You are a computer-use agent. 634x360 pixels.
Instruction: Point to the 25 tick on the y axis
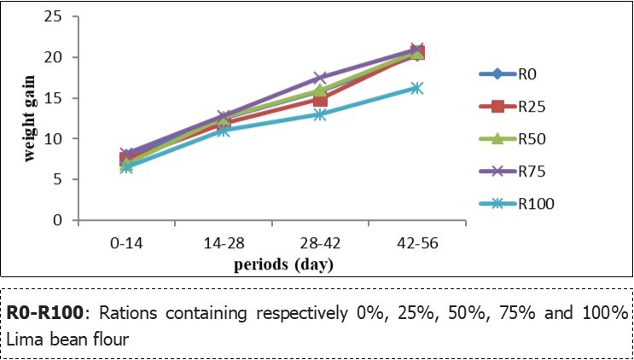pos(57,17)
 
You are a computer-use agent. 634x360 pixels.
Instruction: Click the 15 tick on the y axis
pos(57,98)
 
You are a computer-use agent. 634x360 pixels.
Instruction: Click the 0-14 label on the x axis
pos(126,243)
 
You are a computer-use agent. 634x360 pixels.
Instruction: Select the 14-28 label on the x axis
pos(223,243)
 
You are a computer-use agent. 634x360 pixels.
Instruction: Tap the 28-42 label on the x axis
pos(319,243)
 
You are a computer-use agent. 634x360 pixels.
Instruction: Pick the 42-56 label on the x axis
pos(416,243)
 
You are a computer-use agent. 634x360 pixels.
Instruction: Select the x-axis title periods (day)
pos(272,264)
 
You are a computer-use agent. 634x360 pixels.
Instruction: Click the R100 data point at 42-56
pos(416,88)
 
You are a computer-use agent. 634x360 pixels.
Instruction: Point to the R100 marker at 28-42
pos(320,114)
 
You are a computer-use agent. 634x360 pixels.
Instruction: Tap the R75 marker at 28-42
pos(320,78)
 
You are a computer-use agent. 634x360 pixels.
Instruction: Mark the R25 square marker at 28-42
pos(320,100)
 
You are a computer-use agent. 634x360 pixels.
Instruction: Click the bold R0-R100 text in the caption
pos(49,312)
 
